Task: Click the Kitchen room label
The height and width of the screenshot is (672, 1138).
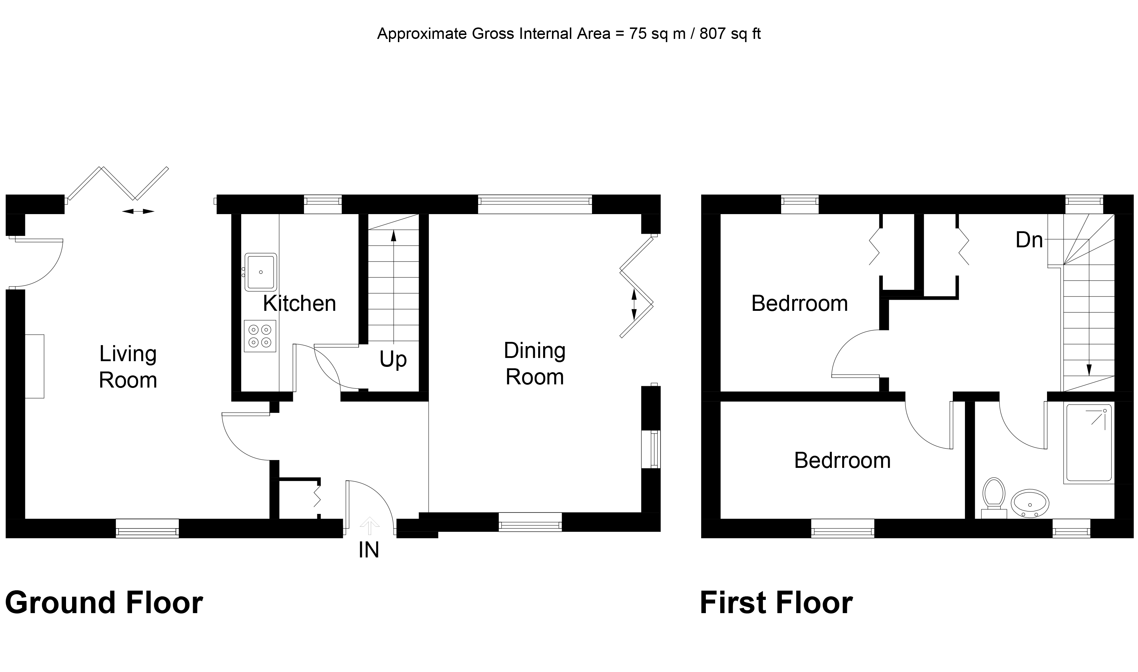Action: tap(299, 303)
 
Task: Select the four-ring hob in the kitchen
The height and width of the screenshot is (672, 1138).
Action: tap(260, 336)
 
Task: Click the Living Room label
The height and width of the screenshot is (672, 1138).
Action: tap(128, 367)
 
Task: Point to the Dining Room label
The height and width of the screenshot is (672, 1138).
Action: tap(535, 364)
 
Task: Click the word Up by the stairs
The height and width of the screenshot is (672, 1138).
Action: tap(393, 359)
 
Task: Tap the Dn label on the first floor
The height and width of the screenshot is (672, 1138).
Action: tap(1029, 240)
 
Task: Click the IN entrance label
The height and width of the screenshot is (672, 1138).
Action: tap(369, 550)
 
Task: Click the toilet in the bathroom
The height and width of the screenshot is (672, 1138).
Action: tap(993, 496)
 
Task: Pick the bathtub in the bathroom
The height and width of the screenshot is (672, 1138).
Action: tap(1089, 443)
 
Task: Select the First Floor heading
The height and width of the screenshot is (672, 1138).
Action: tap(776, 603)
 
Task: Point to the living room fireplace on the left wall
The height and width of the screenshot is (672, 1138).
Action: tap(34, 367)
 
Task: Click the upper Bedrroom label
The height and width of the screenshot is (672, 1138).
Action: tap(799, 303)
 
